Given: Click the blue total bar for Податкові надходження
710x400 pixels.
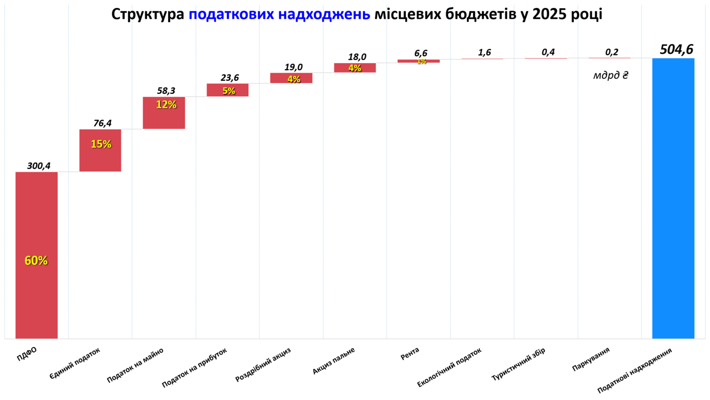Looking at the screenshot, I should (x=673, y=198).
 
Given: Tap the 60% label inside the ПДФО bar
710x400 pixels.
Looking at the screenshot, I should (x=36, y=261).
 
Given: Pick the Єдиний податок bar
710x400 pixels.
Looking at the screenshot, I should (x=100, y=150).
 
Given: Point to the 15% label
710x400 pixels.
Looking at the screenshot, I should (x=101, y=144).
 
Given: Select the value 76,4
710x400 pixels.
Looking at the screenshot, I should (x=102, y=123).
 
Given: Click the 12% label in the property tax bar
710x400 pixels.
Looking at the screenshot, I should (x=166, y=105).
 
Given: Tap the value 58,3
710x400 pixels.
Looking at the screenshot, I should (x=166, y=91).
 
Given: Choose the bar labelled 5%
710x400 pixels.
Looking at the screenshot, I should (x=228, y=90).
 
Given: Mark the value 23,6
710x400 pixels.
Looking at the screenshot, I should (x=230, y=78).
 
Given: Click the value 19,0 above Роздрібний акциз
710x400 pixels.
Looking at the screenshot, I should (x=293, y=67).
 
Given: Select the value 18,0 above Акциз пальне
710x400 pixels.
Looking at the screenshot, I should (x=357, y=57).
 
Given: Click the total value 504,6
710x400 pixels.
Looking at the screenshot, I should (x=676, y=49).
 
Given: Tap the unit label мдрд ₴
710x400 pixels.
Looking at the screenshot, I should (x=611, y=76).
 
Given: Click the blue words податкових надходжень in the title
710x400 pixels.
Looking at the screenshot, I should (x=279, y=15).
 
